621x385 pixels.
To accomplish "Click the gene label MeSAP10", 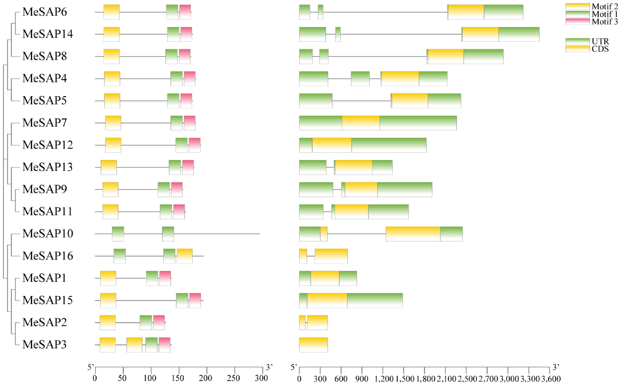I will [48, 233].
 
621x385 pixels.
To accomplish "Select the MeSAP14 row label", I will [48, 34].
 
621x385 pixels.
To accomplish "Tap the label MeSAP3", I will [44, 344].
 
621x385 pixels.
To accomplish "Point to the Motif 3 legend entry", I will [592, 22].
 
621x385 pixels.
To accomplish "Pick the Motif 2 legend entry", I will [592, 6].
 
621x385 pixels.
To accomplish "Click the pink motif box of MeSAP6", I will [185, 12].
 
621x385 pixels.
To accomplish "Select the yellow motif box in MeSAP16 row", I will [185, 256].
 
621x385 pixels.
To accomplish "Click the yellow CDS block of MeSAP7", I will [361, 123].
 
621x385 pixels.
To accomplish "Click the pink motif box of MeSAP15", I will [195, 300].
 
